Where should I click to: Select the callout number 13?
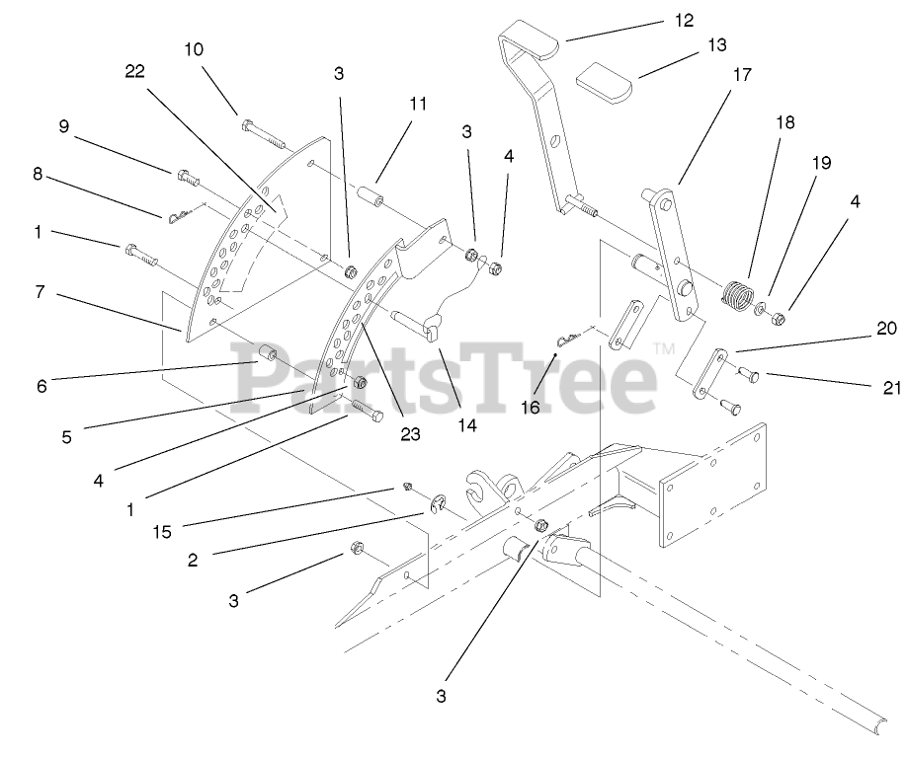pos(716,45)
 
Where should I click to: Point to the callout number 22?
pos(135,70)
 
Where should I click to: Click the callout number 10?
pos(194,47)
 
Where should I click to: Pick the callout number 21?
pos(892,387)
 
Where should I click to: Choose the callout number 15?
pos(162,532)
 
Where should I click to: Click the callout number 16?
pos(531,407)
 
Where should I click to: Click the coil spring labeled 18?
pos(734,293)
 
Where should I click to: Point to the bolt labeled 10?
pos(260,129)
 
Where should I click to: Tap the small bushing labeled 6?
pos(267,352)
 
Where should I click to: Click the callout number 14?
pos(467,426)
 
